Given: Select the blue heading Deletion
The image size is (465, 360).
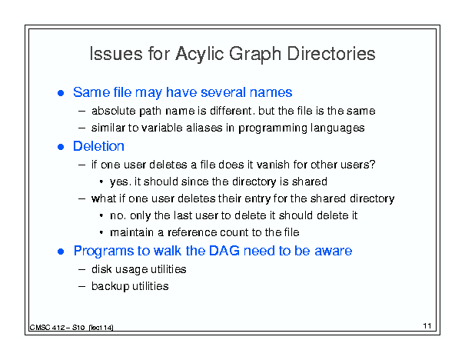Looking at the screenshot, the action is [98, 146].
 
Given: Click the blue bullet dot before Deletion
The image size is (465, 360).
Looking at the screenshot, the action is [61, 147].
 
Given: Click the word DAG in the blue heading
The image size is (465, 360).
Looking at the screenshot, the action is [224, 251].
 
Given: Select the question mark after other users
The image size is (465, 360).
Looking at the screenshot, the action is [372, 165].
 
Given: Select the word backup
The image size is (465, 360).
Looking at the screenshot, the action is [111, 287].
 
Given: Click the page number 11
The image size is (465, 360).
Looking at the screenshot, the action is [427, 326].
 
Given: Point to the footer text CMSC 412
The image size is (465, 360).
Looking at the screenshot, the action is [47, 328].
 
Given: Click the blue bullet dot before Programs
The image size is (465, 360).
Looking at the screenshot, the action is [61, 252].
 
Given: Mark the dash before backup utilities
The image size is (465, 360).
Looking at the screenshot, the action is [81, 287].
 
